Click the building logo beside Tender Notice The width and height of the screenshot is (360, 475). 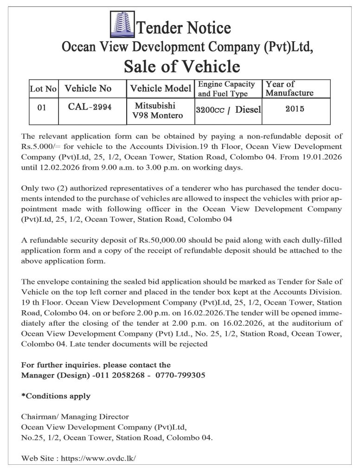point(122,26)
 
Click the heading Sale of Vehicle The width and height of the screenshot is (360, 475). point(182,67)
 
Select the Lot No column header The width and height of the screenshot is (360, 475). point(43,89)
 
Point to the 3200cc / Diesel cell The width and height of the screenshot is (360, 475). point(228,110)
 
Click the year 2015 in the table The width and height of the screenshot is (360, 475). point(295,109)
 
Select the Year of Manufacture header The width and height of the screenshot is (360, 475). point(289,89)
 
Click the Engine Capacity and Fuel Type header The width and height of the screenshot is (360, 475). point(226,89)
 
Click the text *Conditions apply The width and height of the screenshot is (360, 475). point(56,396)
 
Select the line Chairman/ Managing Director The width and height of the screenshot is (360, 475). point(75,417)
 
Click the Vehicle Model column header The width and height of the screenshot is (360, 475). point(161,89)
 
